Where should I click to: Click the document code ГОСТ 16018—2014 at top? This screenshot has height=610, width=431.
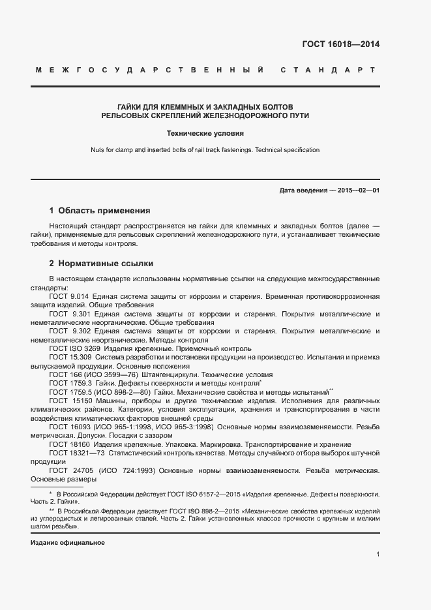[341, 44]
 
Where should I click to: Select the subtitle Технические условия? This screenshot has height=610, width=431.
[205, 133]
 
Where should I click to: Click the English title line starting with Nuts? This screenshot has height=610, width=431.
[205, 150]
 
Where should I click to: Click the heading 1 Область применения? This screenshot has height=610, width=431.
[100, 211]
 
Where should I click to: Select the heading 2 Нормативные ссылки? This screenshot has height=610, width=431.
[101, 264]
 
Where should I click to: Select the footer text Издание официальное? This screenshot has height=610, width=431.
[68, 543]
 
